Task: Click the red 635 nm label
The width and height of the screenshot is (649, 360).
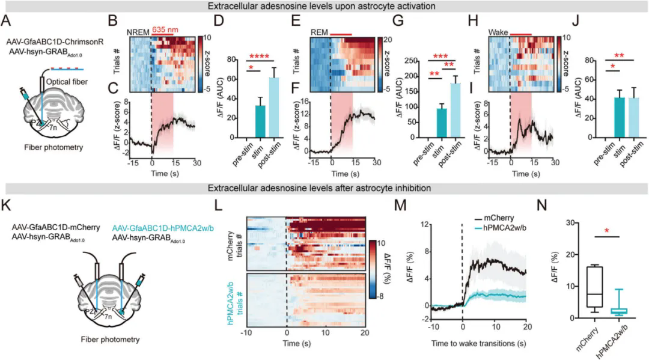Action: (x=163, y=29)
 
